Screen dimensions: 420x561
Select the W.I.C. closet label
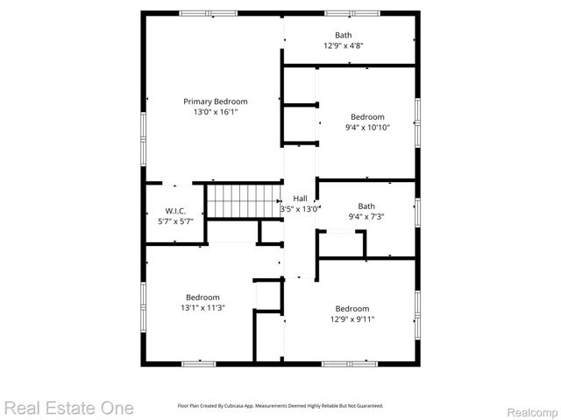coord(174,211)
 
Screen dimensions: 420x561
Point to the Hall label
coord(300,199)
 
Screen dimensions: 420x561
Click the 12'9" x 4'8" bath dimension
coord(343,45)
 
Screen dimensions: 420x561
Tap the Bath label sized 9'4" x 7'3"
coord(366,206)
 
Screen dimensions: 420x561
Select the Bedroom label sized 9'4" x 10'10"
coord(367,117)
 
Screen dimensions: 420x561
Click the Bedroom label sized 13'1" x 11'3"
coord(202,297)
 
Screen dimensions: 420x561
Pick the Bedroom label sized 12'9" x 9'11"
coord(352,309)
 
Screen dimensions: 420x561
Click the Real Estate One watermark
coord(68,408)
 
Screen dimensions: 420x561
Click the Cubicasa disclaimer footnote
coord(280,406)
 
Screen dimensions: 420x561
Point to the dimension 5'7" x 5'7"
coord(174,221)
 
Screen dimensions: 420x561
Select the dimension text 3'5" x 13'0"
coord(300,209)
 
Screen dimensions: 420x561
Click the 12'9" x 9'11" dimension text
coord(352,319)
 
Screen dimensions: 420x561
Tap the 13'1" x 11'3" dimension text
coord(202,308)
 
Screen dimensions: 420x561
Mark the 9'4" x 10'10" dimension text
coord(367,128)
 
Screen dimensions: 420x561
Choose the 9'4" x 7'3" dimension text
coord(366,217)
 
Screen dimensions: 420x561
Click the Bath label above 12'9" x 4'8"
coord(343,35)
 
